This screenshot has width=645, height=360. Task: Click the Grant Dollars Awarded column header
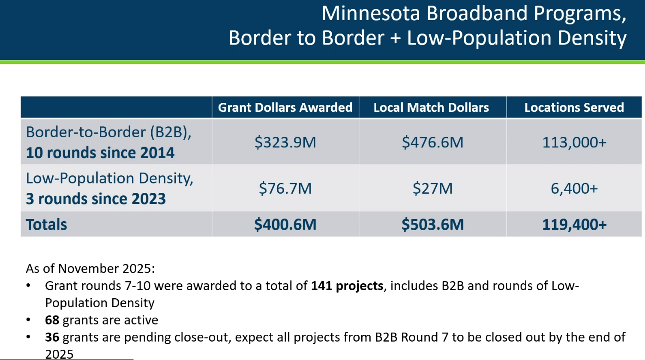click(x=285, y=108)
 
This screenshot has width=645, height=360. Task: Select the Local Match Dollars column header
click(x=431, y=108)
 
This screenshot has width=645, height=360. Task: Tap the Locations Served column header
click(x=574, y=108)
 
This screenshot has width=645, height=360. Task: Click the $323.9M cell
click(x=285, y=142)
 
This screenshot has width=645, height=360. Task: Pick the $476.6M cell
click(x=432, y=142)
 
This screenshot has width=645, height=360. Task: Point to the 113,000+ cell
click(x=574, y=142)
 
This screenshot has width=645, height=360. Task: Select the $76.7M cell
click(x=285, y=189)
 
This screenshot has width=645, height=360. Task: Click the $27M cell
click(x=432, y=189)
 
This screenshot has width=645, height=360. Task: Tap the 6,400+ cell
click(x=574, y=189)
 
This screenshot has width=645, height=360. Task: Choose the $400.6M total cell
click(x=285, y=225)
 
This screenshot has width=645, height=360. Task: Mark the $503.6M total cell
click(x=432, y=225)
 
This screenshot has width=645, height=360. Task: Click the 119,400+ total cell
click(x=574, y=225)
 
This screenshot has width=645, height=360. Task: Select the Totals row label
click(x=46, y=225)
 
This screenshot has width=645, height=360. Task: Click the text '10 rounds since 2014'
click(x=100, y=153)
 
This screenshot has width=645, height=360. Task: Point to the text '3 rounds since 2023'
click(x=96, y=199)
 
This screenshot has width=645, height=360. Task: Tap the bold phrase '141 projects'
click(x=347, y=286)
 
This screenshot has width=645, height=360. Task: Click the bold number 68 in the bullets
click(x=52, y=320)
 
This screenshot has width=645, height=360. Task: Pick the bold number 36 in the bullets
click(x=52, y=337)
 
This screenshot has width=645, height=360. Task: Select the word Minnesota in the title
click(x=371, y=14)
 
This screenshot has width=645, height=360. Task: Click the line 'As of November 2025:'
click(x=90, y=269)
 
